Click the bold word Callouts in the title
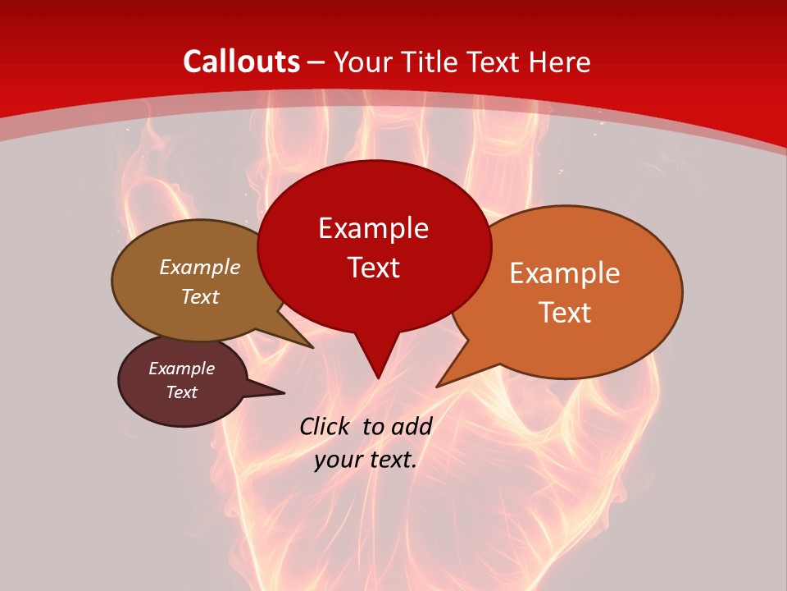coord(241,62)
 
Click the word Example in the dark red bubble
coord(373,228)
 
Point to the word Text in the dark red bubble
coord(373,268)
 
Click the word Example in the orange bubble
coord(565,273)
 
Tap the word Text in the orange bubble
coord(565,313)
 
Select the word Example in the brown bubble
coord(200,268)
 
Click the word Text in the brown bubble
coord(200,296)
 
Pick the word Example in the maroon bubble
coord(182,369)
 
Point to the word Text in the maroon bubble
coord(182,392)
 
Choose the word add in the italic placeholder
coord(412,426)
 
